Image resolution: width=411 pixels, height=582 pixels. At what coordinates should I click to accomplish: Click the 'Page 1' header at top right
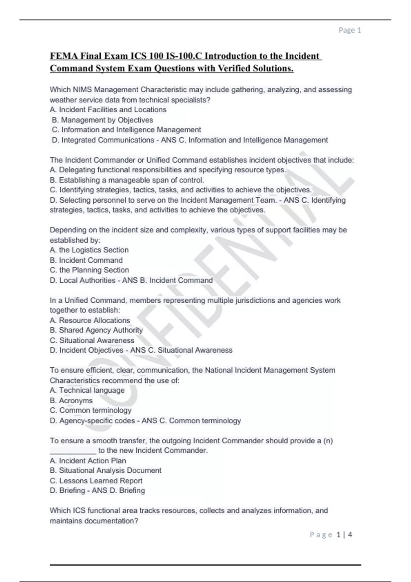click(x=350, y=30)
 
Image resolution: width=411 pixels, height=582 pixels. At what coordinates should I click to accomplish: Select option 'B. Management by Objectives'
click(x=102, y=120)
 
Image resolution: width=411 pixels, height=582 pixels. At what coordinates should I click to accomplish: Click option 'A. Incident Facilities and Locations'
click(x=108, y=110)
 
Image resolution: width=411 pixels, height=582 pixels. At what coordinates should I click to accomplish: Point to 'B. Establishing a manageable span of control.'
click(x=127, y=180)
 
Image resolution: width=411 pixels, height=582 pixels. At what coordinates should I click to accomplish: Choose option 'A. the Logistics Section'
click(x=89, y=250)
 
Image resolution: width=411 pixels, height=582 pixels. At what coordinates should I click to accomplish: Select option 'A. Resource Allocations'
click(x=90, y=320)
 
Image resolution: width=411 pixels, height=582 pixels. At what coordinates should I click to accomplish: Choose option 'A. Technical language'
click(x=87, y=390)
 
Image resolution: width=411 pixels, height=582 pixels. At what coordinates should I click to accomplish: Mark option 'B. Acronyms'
click(x=71, y=401)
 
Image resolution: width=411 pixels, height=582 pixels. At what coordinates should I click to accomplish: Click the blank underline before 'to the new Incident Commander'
click(x=73, y=451)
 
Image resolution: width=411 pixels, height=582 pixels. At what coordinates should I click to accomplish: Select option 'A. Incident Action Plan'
click(x=88, y=460)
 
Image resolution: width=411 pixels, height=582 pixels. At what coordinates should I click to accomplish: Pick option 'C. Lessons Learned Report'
click(x=96, y=481)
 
